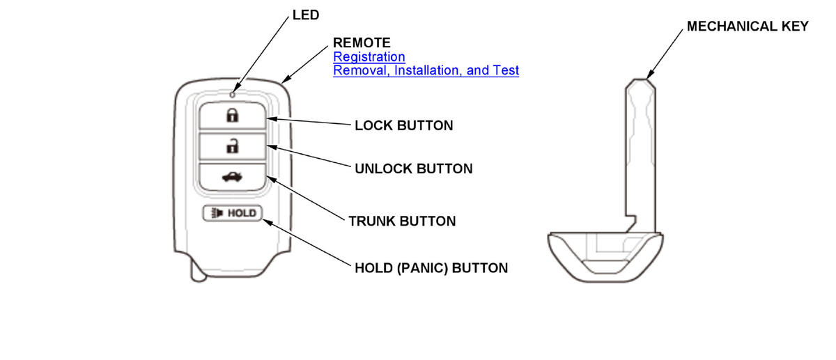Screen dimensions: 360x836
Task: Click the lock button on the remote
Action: pyautogui.click(x=232, y=116)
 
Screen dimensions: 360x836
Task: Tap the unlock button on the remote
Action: pyautogui.click(x=232, y=147)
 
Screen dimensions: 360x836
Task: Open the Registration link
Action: pyautogui.click(x=369, y=56)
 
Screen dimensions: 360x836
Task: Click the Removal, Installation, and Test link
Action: pyautogui.click(x=426, y=70)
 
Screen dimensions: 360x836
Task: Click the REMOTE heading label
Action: pyautogui.click(x=362, y=43)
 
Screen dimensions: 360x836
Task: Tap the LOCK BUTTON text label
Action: pyautogui.click(x=404, y=126)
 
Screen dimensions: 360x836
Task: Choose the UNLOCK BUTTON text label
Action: pyautogui.click(x=414, y=169)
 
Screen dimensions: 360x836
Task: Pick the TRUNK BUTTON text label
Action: pyautogui.click(x=402, y=221)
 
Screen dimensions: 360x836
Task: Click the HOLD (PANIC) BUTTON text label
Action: pyautogui.click(x=431, y=267)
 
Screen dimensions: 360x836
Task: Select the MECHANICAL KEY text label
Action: pyautogui.click(x=748, y=26)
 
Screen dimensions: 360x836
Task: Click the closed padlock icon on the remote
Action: pyautogui.click(x=232, y=116)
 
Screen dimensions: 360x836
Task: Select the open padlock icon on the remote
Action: pyautogui.click(x=232, y=146)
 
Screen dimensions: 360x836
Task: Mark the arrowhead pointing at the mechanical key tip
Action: pyautogui.click(x=649, y=75)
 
